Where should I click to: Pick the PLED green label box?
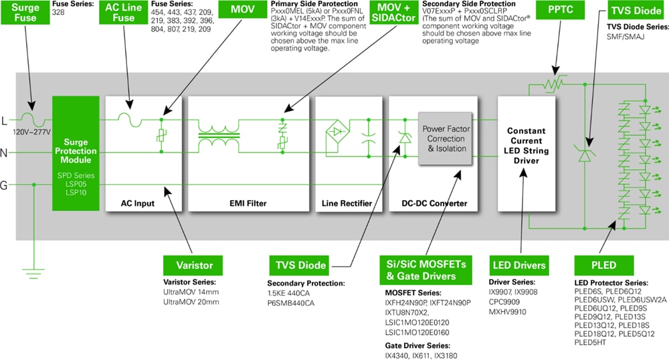coord(595,265)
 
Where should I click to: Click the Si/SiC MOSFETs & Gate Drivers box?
coord(421,269)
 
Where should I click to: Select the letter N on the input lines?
coord(5,153)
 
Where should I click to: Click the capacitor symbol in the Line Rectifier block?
coord(367,136)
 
